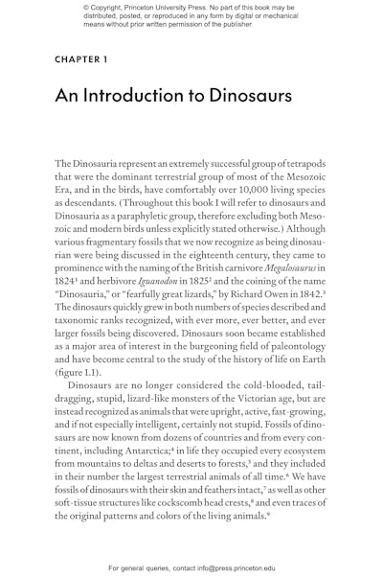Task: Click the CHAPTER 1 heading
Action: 80,59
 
